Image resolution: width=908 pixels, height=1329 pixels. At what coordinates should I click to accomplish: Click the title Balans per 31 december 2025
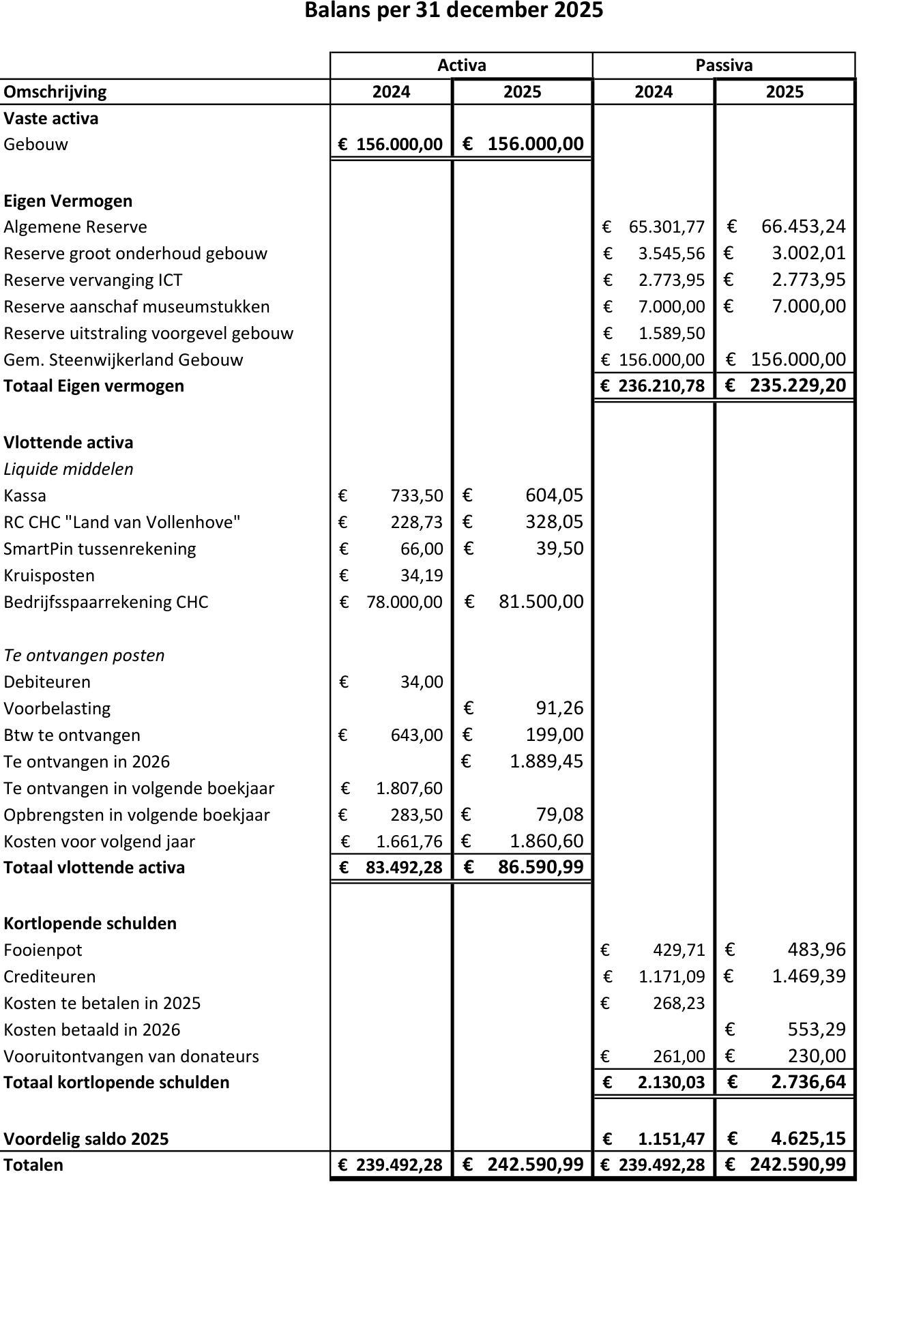(x=454, y=11)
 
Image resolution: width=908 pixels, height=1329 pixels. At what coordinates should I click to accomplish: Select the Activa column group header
(x=461, y=65)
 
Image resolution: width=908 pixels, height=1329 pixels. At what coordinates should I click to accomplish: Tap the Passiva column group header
(x=724, y=65)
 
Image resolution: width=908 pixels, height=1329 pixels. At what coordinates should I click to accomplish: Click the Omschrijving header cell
(x=55, y=92)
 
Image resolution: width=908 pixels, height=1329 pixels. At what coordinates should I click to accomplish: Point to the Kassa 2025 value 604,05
(x=554, y=495)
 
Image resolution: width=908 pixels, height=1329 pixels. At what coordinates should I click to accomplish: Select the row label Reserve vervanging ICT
(x=93, y=280)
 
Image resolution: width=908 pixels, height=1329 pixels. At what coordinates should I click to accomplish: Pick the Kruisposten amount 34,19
(x=422, y=575)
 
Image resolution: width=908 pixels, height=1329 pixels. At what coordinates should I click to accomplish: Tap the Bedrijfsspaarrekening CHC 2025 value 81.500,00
(x=541, y=602)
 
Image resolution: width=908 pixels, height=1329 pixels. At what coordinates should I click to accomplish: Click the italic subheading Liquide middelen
(x=68, y=469)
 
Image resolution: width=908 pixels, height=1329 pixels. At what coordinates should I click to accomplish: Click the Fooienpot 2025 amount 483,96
(x=816, y=950)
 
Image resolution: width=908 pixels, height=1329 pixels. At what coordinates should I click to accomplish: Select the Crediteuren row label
(x=50, y=976)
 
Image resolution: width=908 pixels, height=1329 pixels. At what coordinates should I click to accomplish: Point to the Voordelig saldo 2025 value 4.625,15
(x=808, y=1139)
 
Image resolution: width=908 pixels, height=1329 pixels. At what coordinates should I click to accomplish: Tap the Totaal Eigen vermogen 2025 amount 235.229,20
(x=797, y=385)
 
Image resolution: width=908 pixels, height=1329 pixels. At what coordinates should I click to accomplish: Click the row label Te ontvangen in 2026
(x=87, y=761)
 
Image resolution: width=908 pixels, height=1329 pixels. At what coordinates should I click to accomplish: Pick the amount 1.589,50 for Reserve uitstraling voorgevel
(x=671, y=333)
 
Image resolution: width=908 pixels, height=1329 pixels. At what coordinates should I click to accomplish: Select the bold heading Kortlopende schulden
(x=90, y=923)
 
